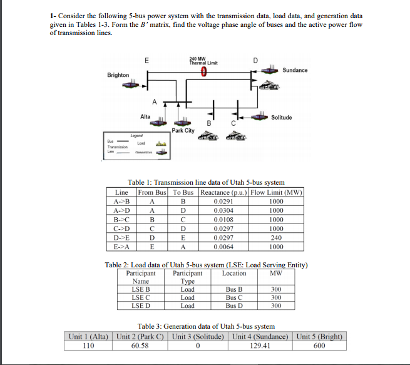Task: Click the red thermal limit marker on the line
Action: pos(205,72)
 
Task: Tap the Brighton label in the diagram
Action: pos(119,75)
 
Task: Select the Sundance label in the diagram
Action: pos(295,70)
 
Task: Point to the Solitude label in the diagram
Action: pos(283,117)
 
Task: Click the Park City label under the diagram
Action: pos(183,130)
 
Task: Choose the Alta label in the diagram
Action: pos(145,116)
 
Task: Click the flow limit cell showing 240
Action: pos(276,237)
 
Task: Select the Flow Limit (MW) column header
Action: pos(276,192)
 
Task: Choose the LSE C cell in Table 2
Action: pos(140,297)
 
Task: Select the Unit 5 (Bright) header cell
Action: pos(319,336)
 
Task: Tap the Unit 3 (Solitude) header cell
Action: pos(198,336)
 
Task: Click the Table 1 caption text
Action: pos(207,182)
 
